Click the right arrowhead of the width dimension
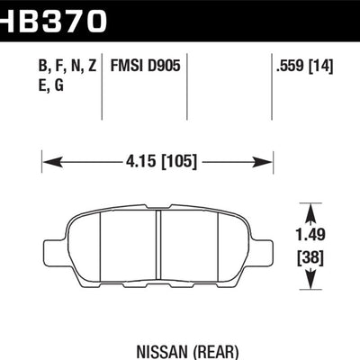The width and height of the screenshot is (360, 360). tap(266, 163)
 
